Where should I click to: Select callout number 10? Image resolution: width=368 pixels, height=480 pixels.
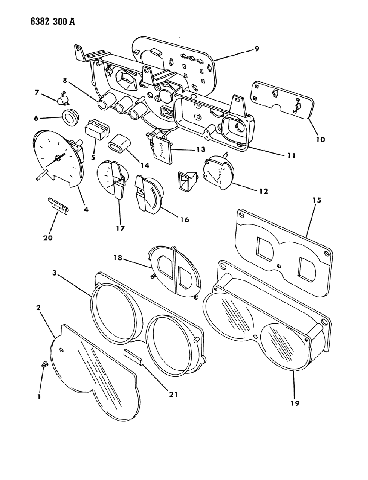tap(320, 139)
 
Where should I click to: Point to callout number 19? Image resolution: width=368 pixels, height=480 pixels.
tap(295, 403)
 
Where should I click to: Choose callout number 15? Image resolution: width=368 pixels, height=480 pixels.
tap(316, 200)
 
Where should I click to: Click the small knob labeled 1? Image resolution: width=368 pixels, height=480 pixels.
tap(43, 364)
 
